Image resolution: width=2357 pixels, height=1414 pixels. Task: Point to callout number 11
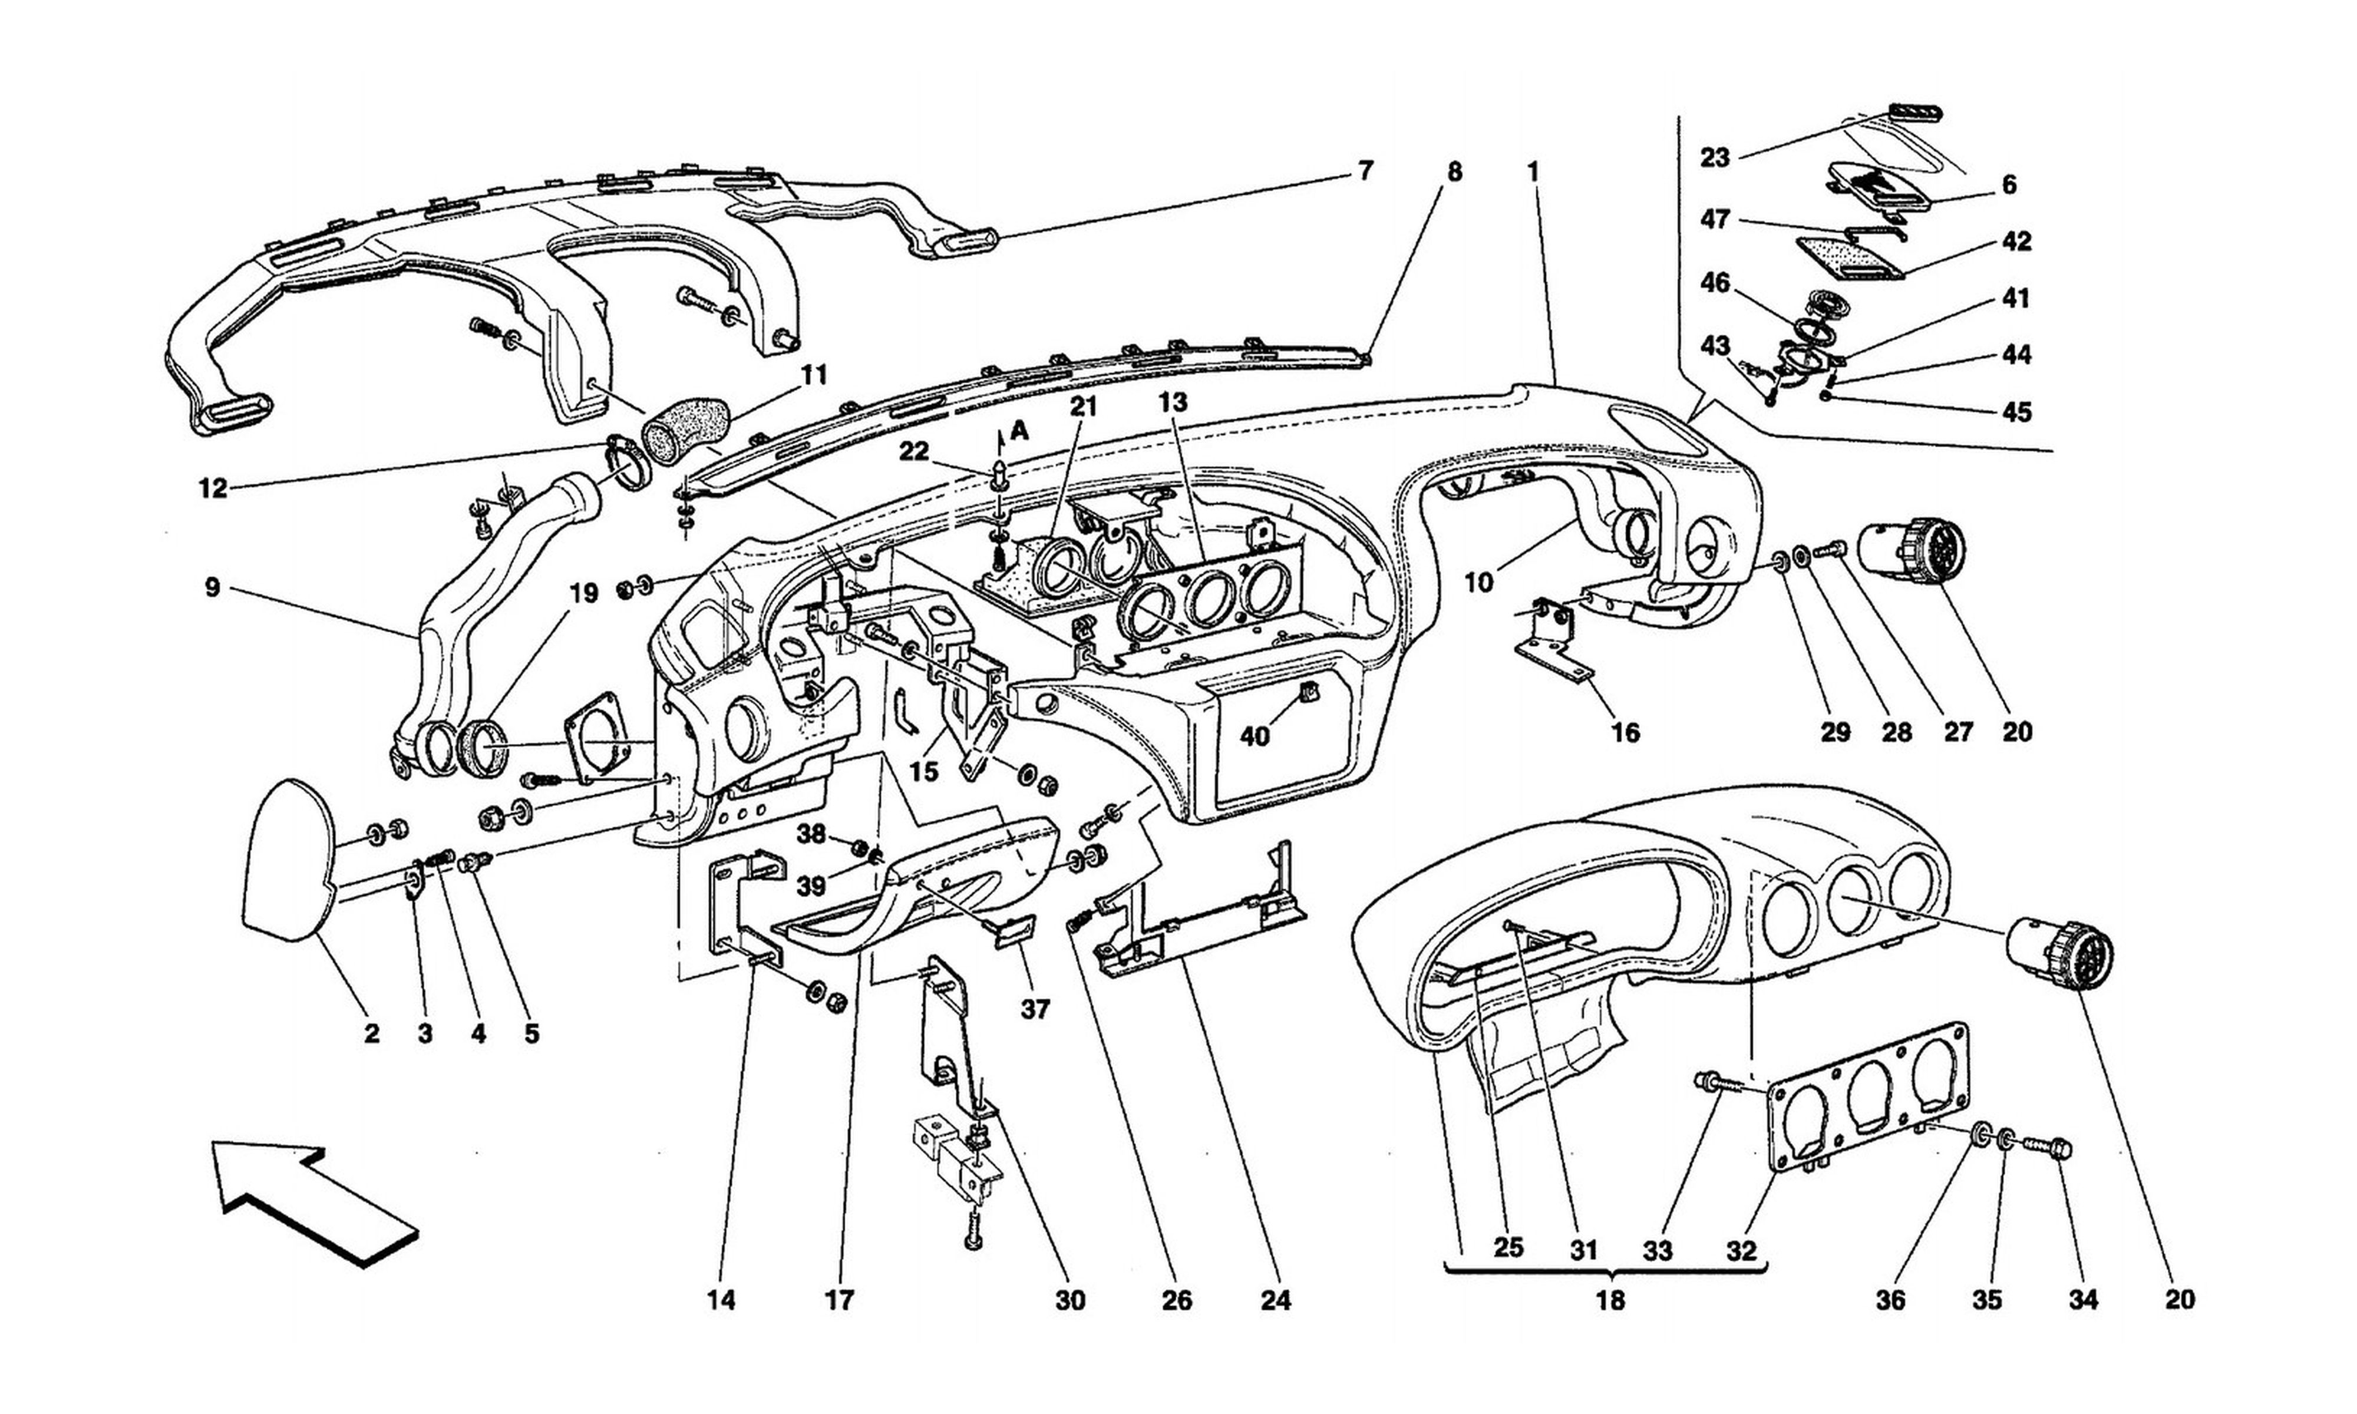click(x=814, y=375)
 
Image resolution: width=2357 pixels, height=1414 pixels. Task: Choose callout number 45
click(x=2017, y=412)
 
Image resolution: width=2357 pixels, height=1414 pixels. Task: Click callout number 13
click(x=1174, y=403)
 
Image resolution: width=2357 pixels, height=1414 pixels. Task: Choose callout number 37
click(x=1035, y=1008)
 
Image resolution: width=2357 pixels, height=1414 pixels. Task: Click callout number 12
click(x=213, y=489)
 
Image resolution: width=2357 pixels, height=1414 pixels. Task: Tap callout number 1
click(x=1533, y=171)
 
